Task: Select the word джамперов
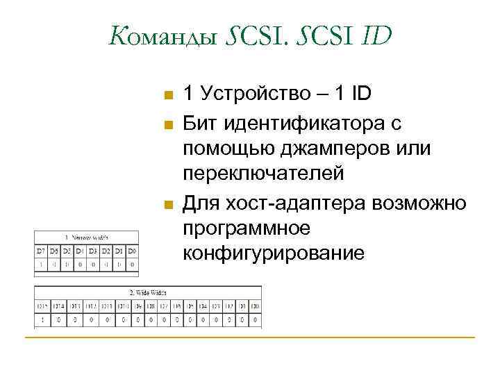click(326, 149)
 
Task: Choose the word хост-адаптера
click(301, 203)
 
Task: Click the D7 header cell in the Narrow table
click(40, 250)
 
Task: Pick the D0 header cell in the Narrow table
click(132, 250)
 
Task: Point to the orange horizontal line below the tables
click(250, 337)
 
